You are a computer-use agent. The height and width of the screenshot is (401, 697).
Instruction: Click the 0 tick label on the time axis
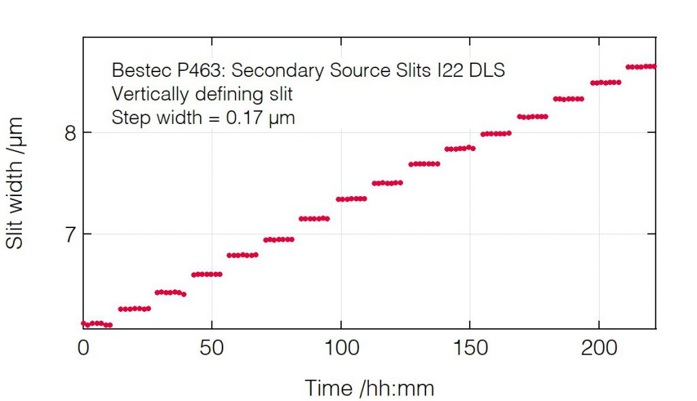point(83,348)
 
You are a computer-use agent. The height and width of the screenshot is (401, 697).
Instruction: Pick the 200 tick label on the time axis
point(598,348)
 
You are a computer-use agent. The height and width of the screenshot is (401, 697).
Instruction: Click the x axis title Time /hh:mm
point(369,387)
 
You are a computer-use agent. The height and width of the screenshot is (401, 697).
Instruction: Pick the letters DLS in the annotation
point(489,70)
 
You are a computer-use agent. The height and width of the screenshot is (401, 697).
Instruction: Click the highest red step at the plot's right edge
point(640,67)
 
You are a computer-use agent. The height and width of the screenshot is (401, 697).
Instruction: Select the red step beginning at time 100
point(351,199)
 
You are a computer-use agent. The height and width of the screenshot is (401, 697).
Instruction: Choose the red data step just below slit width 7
point(278,239)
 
